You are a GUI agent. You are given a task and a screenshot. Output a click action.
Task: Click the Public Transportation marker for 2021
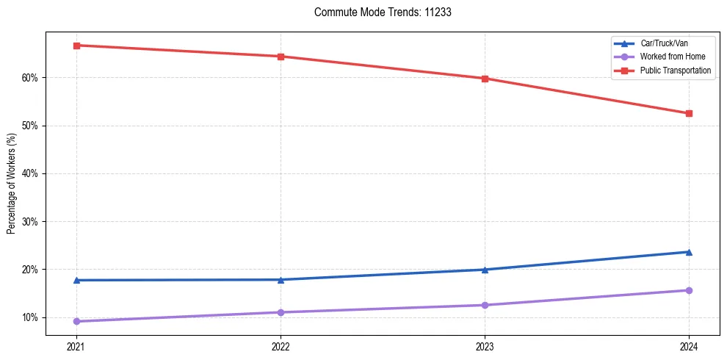(x=76, y=46)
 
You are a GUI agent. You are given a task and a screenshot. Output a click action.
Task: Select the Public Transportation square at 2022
(x=281, y=57)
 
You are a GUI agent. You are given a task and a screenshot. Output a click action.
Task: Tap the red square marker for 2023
(x=485, y=79)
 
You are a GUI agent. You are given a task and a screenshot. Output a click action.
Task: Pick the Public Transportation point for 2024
(x=689, y=113)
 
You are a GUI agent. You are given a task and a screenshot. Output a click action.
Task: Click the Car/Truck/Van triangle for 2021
(x=76, y=280)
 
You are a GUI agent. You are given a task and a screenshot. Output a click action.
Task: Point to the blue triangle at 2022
(x=281, y=279)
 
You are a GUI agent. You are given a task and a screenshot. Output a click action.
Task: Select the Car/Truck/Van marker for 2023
(x=485, y=270)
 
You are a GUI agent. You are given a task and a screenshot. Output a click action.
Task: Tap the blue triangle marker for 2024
(x=689, y=252)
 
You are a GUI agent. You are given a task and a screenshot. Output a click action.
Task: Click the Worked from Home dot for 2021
(x=76, y=321)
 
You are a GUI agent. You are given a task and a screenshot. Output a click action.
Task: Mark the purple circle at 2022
(x=281, y=312)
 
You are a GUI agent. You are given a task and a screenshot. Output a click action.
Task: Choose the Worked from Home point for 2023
(x=485, y=305)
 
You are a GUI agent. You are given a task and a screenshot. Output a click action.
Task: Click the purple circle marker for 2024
(x=689, y=290)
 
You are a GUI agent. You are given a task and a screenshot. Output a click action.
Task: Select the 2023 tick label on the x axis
(x=485, y=346)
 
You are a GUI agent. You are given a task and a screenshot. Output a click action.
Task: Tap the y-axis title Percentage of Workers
(x=12, y=184)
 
